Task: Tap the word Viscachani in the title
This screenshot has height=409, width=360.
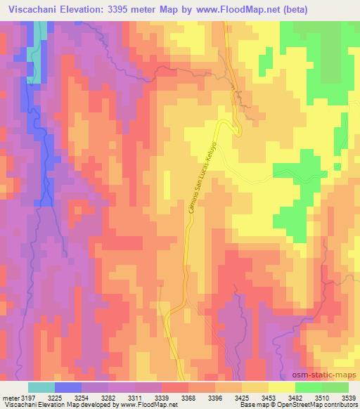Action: (32, 9)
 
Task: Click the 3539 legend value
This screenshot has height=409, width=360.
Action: (348, 398)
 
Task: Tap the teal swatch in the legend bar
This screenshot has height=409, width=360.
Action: (41, 387)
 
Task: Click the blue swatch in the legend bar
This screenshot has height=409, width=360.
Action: (67, 387)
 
